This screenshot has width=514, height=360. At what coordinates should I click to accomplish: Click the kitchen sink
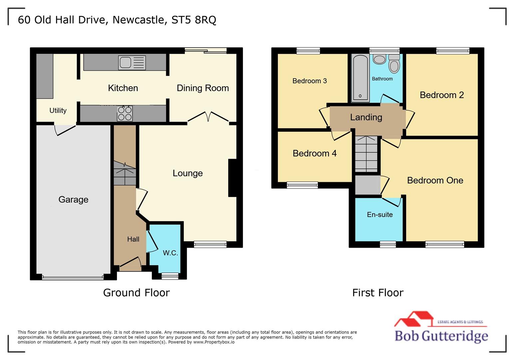132,63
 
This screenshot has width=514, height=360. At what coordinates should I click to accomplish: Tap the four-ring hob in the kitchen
125,113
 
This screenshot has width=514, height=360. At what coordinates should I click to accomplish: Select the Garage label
73,199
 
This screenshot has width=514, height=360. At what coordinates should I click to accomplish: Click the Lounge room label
188,173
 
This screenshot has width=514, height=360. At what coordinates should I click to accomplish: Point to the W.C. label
170,253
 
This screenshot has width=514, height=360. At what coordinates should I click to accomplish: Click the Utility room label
58,110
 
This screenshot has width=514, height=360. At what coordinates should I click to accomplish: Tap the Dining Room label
203,88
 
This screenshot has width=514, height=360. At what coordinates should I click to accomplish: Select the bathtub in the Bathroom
360,78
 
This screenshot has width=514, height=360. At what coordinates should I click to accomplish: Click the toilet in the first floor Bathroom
394,63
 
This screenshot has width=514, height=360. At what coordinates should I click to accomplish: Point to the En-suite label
380,215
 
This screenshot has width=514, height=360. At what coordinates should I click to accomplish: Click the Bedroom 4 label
314,153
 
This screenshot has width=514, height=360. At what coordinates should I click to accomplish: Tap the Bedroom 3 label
309,81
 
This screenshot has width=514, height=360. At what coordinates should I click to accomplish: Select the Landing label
366,117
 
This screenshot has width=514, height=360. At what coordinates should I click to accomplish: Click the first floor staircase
366,154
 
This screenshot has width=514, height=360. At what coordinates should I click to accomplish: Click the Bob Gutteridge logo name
441,336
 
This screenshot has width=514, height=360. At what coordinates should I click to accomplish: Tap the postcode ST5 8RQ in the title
194,20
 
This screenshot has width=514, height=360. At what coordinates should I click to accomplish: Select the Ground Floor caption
136,293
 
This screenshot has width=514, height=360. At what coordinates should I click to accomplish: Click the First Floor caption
378,293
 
